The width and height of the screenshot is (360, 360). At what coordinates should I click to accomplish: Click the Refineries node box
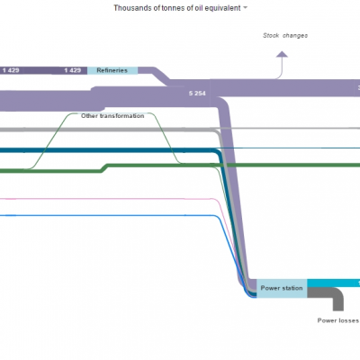112,70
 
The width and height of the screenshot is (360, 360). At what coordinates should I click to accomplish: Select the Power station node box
282,288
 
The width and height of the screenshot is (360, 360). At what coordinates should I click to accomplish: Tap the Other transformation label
112,116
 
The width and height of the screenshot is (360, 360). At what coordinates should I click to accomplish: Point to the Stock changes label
285,35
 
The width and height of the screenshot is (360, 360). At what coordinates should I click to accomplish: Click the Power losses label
338,320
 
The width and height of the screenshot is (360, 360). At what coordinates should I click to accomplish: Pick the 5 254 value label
197,94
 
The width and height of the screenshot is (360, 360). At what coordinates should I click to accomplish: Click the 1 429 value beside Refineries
73,70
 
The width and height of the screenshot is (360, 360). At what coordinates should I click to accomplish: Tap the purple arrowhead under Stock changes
282,54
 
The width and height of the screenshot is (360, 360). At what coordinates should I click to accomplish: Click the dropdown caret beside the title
245,8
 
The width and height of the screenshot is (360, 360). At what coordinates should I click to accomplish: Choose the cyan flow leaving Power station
334,283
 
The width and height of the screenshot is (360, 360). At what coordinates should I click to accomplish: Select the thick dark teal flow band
108,150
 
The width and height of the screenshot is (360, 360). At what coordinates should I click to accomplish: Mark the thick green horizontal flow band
234,165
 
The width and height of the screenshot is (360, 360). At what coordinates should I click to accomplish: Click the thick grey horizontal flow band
108,130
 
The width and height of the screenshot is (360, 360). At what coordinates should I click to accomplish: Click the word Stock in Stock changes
271,35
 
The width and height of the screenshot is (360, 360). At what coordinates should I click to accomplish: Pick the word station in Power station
292,288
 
